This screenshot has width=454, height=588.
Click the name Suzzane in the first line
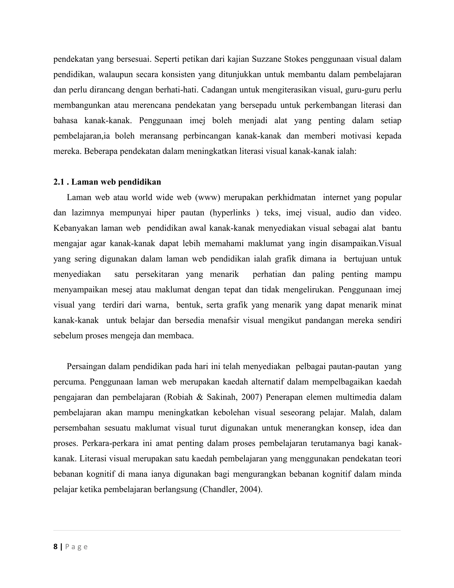266,59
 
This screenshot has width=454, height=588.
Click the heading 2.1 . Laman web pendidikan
107,182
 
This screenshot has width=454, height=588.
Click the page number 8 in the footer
55,547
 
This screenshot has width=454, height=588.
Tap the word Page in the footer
76,547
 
